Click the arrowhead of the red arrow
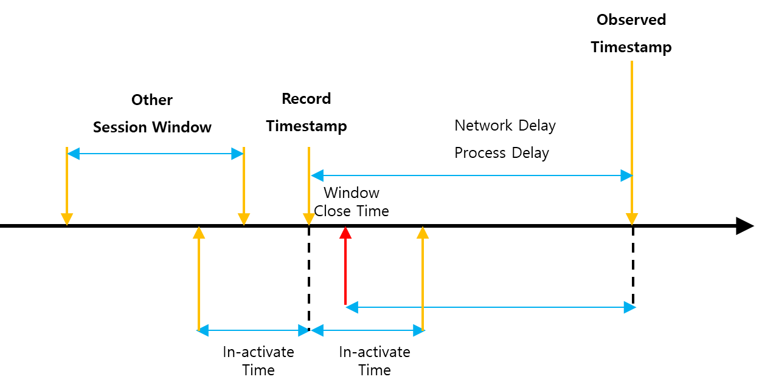(345, 233)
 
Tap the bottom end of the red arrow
(345, 304)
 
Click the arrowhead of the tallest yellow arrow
(632, 219)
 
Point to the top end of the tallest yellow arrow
(632, 61)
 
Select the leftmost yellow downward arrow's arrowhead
(67, 219)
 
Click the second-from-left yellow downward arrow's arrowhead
(244, 219)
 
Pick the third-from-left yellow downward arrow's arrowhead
(309, 219)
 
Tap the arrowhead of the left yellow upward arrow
(199, 233)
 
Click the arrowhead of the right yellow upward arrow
(423, 233)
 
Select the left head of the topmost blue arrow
(73, 154)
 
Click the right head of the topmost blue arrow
(238, 154)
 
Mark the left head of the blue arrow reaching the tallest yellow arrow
(317, 175)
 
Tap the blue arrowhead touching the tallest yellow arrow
(626, 175)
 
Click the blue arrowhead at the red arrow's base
(352, 307)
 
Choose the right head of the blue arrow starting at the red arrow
(630, 307)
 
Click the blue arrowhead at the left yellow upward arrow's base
(203, 330)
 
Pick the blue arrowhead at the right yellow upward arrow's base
(419, 330)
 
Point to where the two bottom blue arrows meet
(310, 330)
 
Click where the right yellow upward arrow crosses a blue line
(423, 307)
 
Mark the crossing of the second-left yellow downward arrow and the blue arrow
(244, 154)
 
